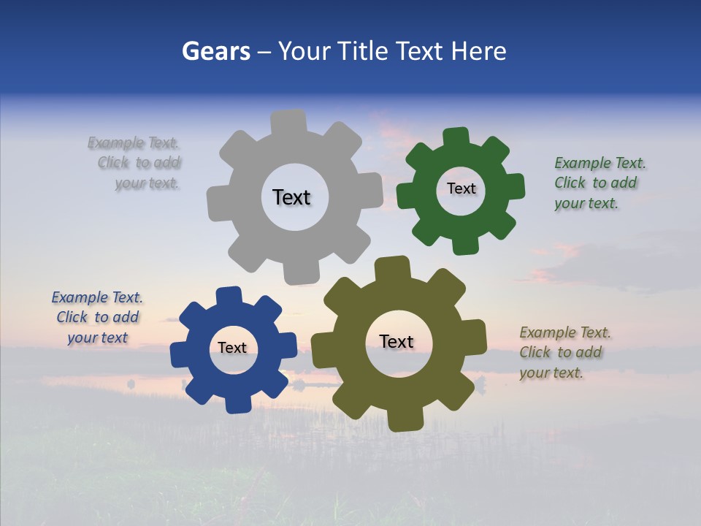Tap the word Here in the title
tap(478, 51)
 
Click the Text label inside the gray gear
tap(291, 197)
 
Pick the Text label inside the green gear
tap(461, 188)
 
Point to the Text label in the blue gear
tap(232, 348)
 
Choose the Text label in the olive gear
tap(397, 341)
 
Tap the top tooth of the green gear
tap(456, 137)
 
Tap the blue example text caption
tap(97, 317)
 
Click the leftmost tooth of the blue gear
tap(180, 354)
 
